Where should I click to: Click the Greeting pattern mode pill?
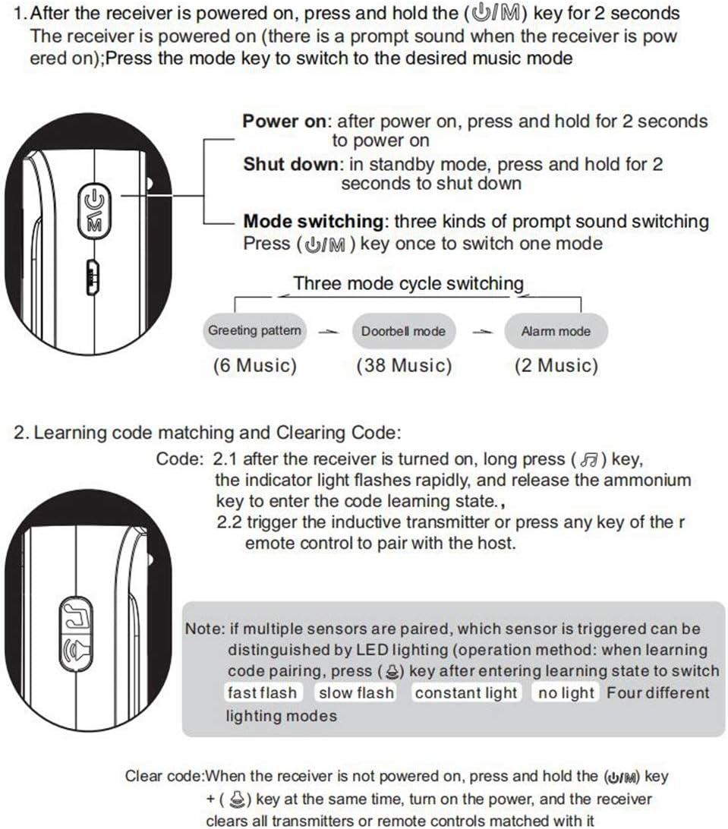254,331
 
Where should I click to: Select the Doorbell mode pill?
403,332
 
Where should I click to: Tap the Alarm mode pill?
556,332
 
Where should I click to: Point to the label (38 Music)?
404,366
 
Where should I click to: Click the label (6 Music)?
254,366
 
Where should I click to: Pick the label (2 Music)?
556,366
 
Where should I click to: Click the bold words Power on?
286,121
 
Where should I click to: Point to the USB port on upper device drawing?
93,278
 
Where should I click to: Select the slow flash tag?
356,693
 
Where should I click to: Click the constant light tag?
465,693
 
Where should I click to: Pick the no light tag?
566,693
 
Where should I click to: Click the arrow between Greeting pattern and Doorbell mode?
328,333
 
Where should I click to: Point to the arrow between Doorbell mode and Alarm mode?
480,333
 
